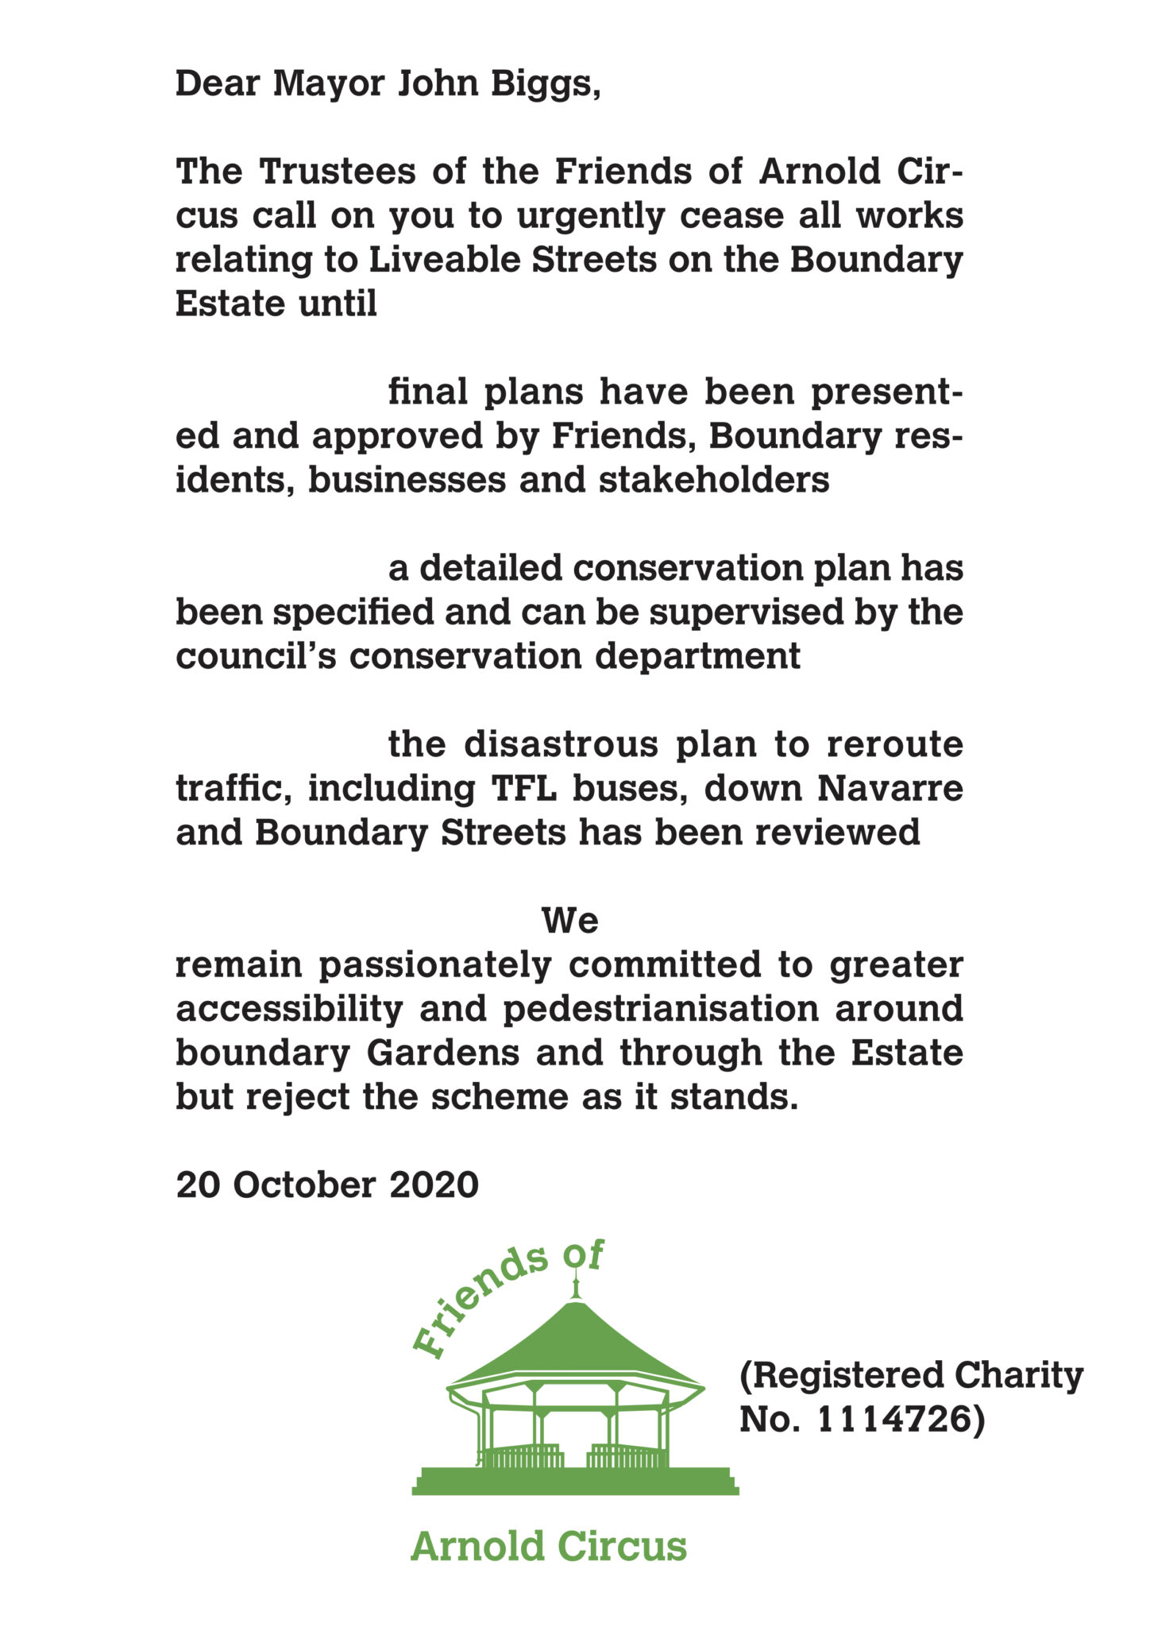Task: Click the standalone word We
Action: point(569,922)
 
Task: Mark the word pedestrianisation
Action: point(660,1010)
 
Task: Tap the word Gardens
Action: point(442,1054)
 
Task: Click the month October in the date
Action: point(303,1185)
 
